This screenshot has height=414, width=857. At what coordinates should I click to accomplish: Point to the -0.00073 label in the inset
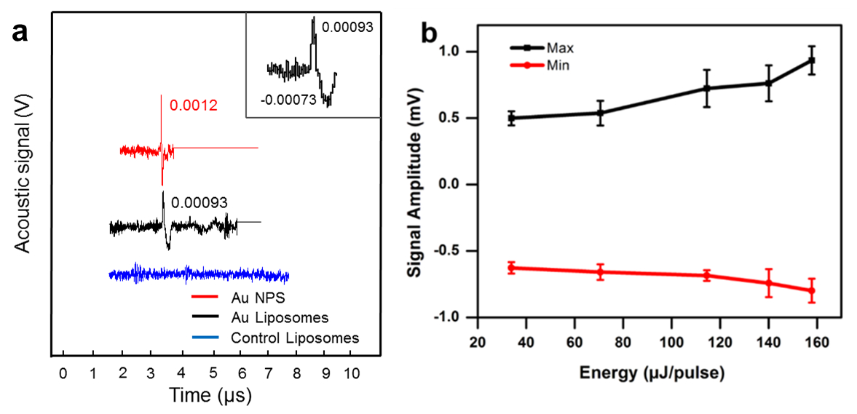288,99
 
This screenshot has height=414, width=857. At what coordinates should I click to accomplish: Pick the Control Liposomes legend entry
294,338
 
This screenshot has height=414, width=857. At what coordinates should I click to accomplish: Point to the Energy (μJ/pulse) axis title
652,374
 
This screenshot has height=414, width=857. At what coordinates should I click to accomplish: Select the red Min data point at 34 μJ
511,268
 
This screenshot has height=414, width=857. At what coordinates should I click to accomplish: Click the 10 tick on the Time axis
352,373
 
